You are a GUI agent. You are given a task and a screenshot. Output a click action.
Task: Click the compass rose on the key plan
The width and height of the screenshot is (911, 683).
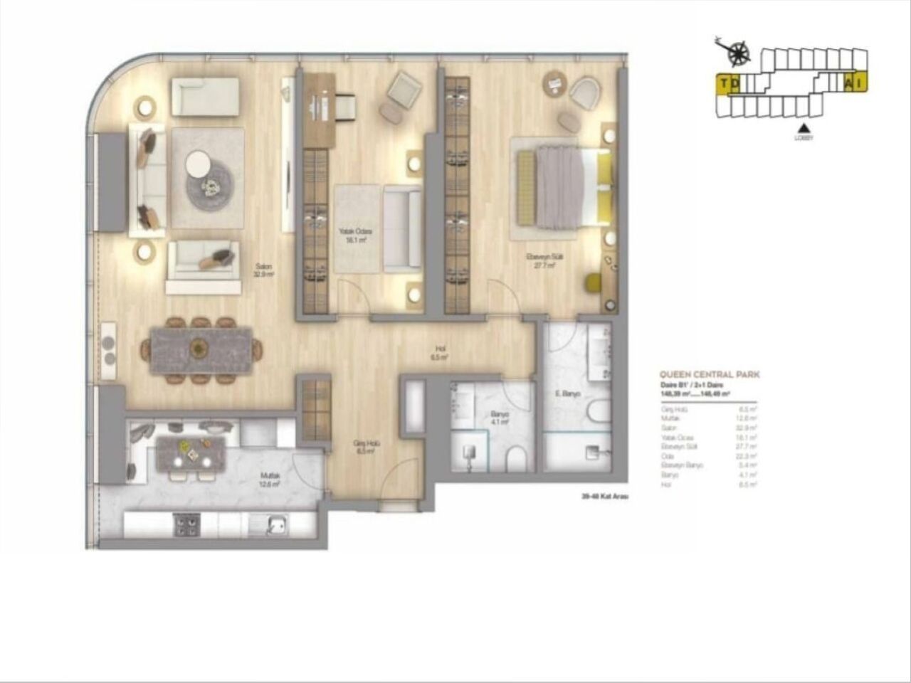coord(741,50)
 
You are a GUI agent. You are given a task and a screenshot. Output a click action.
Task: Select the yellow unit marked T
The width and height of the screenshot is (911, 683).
coord(724,84)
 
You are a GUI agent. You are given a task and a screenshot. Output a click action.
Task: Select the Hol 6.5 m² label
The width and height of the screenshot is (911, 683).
coord(441,353)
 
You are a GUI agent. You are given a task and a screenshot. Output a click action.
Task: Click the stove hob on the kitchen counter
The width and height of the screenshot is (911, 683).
coord(186,526)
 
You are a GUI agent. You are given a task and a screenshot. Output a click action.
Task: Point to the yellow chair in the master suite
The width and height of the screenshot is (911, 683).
coord(594,282)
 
